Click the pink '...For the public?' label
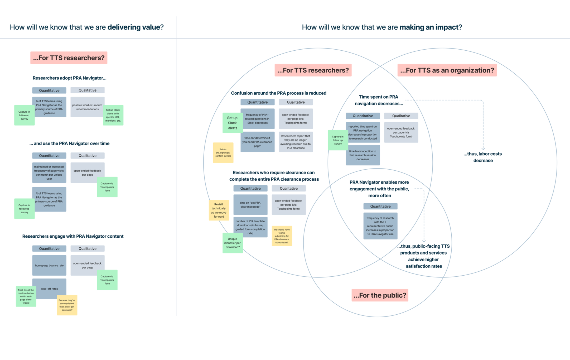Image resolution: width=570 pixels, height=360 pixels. [x=380, y=295]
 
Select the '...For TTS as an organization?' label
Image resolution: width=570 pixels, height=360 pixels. [x=447, y=70]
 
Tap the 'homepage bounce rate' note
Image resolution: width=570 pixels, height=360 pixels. [x=49, y=266]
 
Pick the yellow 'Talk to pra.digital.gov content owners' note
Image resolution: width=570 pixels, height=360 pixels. [x=223, y=153]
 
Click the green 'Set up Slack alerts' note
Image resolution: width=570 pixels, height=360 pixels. [x=232, y=123]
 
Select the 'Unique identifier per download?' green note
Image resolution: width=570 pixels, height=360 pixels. [x=232, y=243]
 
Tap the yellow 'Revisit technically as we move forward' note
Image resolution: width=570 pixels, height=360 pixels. [x=219, y=210]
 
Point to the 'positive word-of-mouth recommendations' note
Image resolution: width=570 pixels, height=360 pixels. [x=87, y=107]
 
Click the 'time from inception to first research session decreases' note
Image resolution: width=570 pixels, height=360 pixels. [x=363, y=155]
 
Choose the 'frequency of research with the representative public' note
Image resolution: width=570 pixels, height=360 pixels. [x=380, y=226]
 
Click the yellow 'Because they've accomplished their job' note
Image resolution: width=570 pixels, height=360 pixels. [x=67, y=305]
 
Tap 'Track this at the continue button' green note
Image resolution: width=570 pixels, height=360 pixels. [x=26, y=296]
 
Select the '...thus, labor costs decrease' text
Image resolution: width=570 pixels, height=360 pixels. [x=483, y=157]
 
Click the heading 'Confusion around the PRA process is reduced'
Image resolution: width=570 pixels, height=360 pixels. [x=279, y=93]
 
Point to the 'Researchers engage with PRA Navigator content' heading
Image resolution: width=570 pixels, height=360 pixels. [x=73, y=236]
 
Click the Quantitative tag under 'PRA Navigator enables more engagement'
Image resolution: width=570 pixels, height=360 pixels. [x=380, y=206]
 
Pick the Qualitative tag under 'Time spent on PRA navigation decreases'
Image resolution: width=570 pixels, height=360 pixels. [x=401, y=116]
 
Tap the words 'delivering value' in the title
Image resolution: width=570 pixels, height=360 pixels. [x=134, y=27]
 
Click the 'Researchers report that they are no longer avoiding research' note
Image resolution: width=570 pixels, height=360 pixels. [x=296, y=142]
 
